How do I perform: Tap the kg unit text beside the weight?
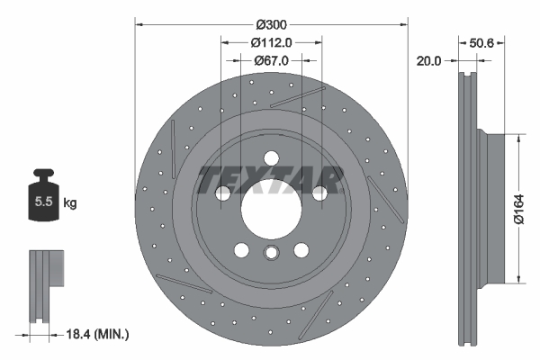[70, 203]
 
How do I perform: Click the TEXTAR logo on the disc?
[270, 180]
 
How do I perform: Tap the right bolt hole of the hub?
[319, 193]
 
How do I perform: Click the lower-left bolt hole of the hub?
[240, 250]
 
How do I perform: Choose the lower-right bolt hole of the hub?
[301, 250]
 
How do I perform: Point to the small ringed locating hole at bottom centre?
[270, 255]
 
